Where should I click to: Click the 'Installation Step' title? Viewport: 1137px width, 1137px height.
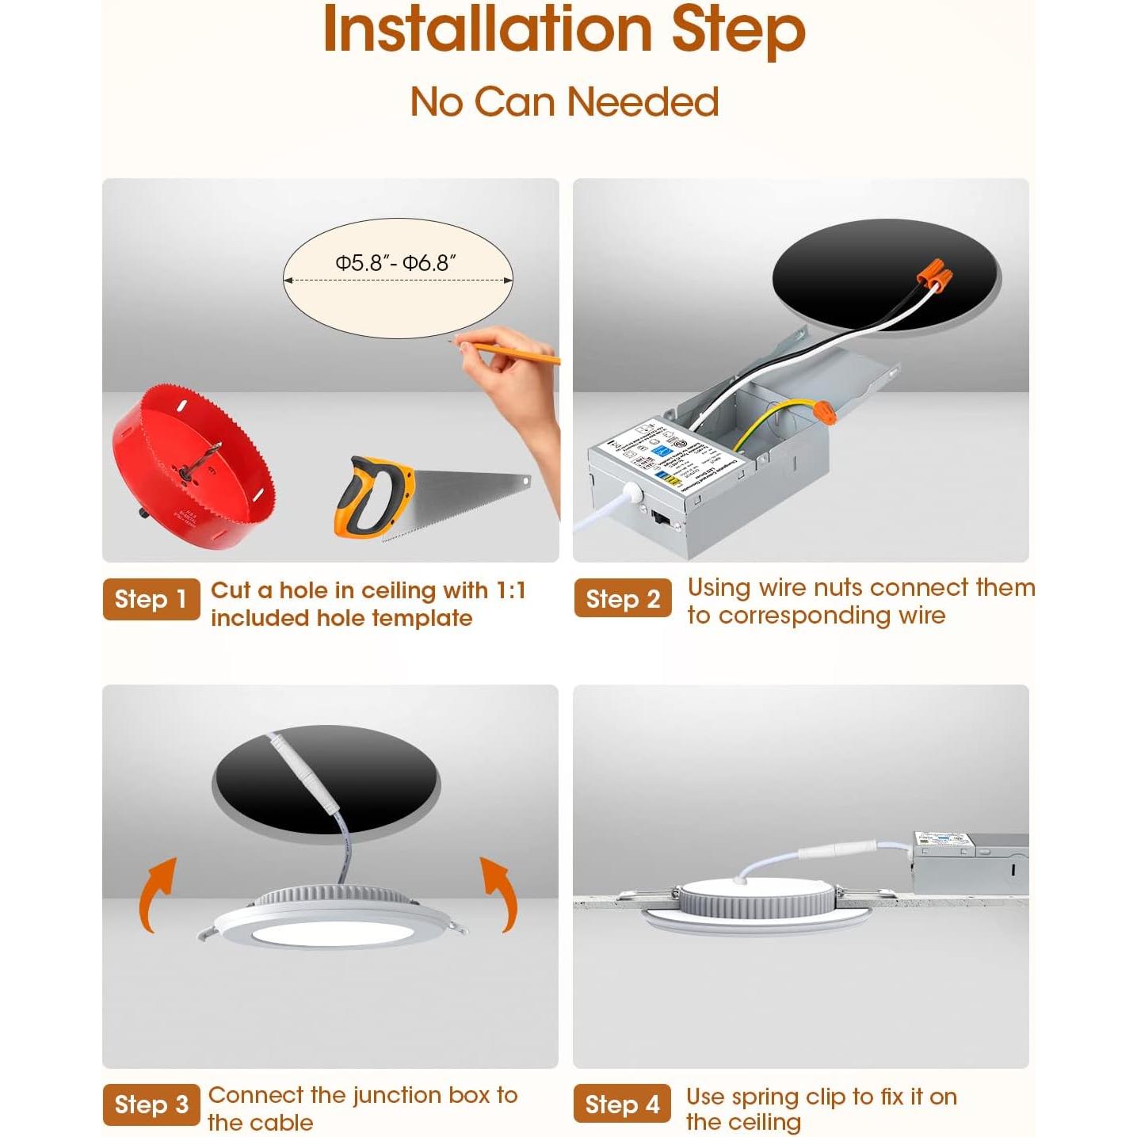point(564,30)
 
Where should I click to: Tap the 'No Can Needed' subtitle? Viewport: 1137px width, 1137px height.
point(564,102)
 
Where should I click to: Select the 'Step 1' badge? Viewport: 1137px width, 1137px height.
point(151,599)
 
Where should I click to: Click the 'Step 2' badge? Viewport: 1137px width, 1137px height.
point(622,599)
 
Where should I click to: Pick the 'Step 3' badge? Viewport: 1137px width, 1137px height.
point(151,1105)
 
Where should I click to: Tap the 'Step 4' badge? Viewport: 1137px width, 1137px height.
point(622,1105)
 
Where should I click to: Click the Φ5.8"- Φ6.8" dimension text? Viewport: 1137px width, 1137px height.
point(395,263)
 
